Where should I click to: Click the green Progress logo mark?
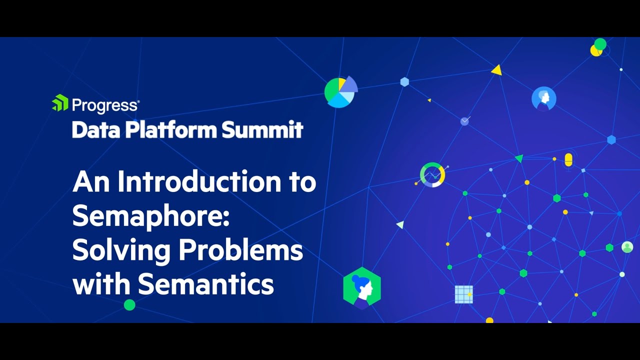(60, 103)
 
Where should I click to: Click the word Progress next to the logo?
(105, 105)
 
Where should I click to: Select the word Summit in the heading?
(262, 130)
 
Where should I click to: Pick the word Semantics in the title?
(206, 284)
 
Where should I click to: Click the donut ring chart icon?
(432, 175)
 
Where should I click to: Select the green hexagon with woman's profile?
(362, 288)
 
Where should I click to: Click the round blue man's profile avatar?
(543, 98)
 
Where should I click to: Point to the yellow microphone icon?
(568, 160)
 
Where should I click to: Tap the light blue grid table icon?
(463, 294)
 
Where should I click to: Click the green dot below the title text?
(129, 304)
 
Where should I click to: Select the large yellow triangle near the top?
(496, 70)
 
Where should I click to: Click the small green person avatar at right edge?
(627, 247)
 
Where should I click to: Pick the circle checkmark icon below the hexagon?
(465, 121)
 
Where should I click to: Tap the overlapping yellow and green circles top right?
(598, 47)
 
